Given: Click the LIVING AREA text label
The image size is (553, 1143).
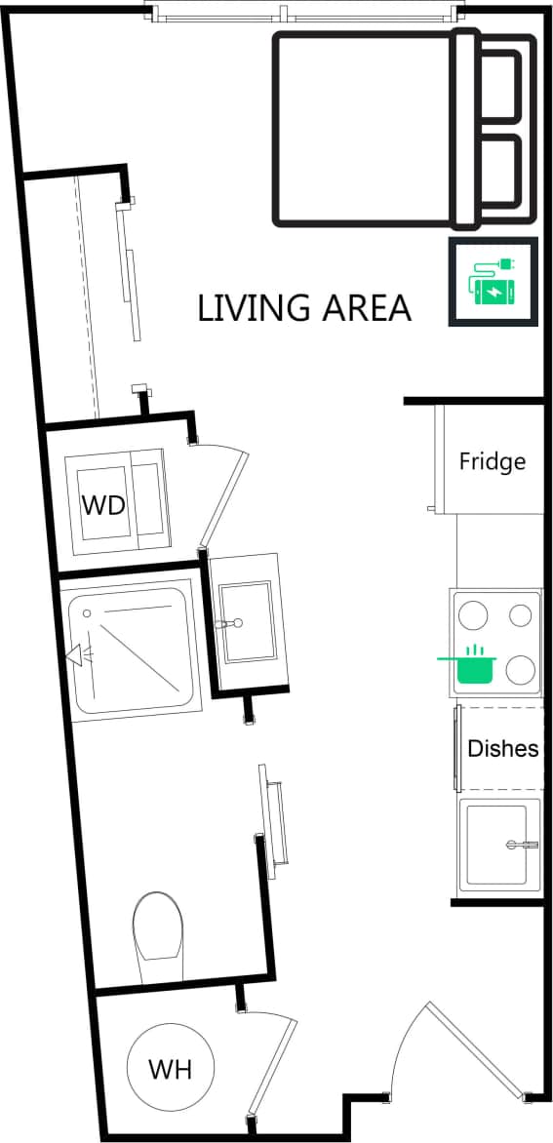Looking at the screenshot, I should pyautogui.click(x=303, y=308).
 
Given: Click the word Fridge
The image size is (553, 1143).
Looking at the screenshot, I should pyautogui.click(x=493, y=461).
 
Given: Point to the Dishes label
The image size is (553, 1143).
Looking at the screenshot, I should pyautogui.click(x=502, y=749).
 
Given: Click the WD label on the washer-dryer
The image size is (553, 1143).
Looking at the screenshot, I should pyautogui.click(x=102, y=504).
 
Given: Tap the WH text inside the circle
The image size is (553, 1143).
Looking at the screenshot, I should pyautogui.click(x=170, y=1070).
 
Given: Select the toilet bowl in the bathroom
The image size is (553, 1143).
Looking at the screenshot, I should pyautogui.click(x=157, y=926).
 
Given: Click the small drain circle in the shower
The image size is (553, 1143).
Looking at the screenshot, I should pyautogui.click(x=88, y=613).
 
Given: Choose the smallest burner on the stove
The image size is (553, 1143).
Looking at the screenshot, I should pyautogui.click(x=523, y=615).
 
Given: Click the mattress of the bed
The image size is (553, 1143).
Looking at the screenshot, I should pyautogui.click(x=366, y=127).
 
